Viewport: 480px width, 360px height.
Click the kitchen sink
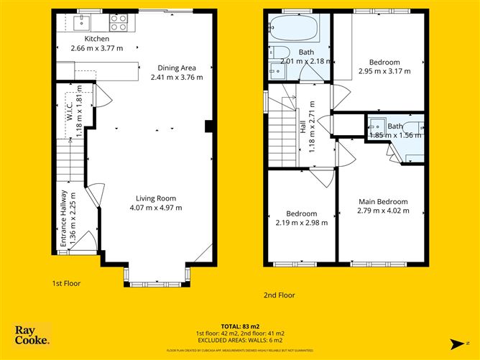pyautogui.click(x=80, y=24)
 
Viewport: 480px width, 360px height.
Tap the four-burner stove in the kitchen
pyautogui.click(x=118, y=23)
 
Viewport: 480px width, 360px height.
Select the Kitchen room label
pyautogui.click(x=97, y=39)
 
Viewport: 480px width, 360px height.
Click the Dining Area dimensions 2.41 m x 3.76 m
pyautogui.click(x=177, y=77)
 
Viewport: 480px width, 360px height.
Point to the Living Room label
pyautogui.click(x=157, y=199)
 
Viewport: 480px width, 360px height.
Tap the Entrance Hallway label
pyautogui.click(x=63, y=219)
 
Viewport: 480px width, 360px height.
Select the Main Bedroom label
pyautogui.click(x=383, y=202)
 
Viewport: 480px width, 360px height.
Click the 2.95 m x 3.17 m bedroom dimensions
pyautogui.click(x=384, y=71)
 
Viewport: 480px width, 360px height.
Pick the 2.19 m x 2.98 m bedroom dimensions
pyautogui.click(x=302, y=223)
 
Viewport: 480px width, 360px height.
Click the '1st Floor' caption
pyautogui.click(x=66, y=283)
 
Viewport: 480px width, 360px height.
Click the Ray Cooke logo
pyautogui.click(x=32, y=335)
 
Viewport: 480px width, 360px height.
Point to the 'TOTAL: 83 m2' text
pyautogui.click(x=241, y=326)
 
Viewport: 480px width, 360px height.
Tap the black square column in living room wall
pyautogui.click(x=208, y=126)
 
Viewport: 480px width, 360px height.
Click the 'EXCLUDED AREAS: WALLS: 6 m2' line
pyautogui.click(x=241, y=341)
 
